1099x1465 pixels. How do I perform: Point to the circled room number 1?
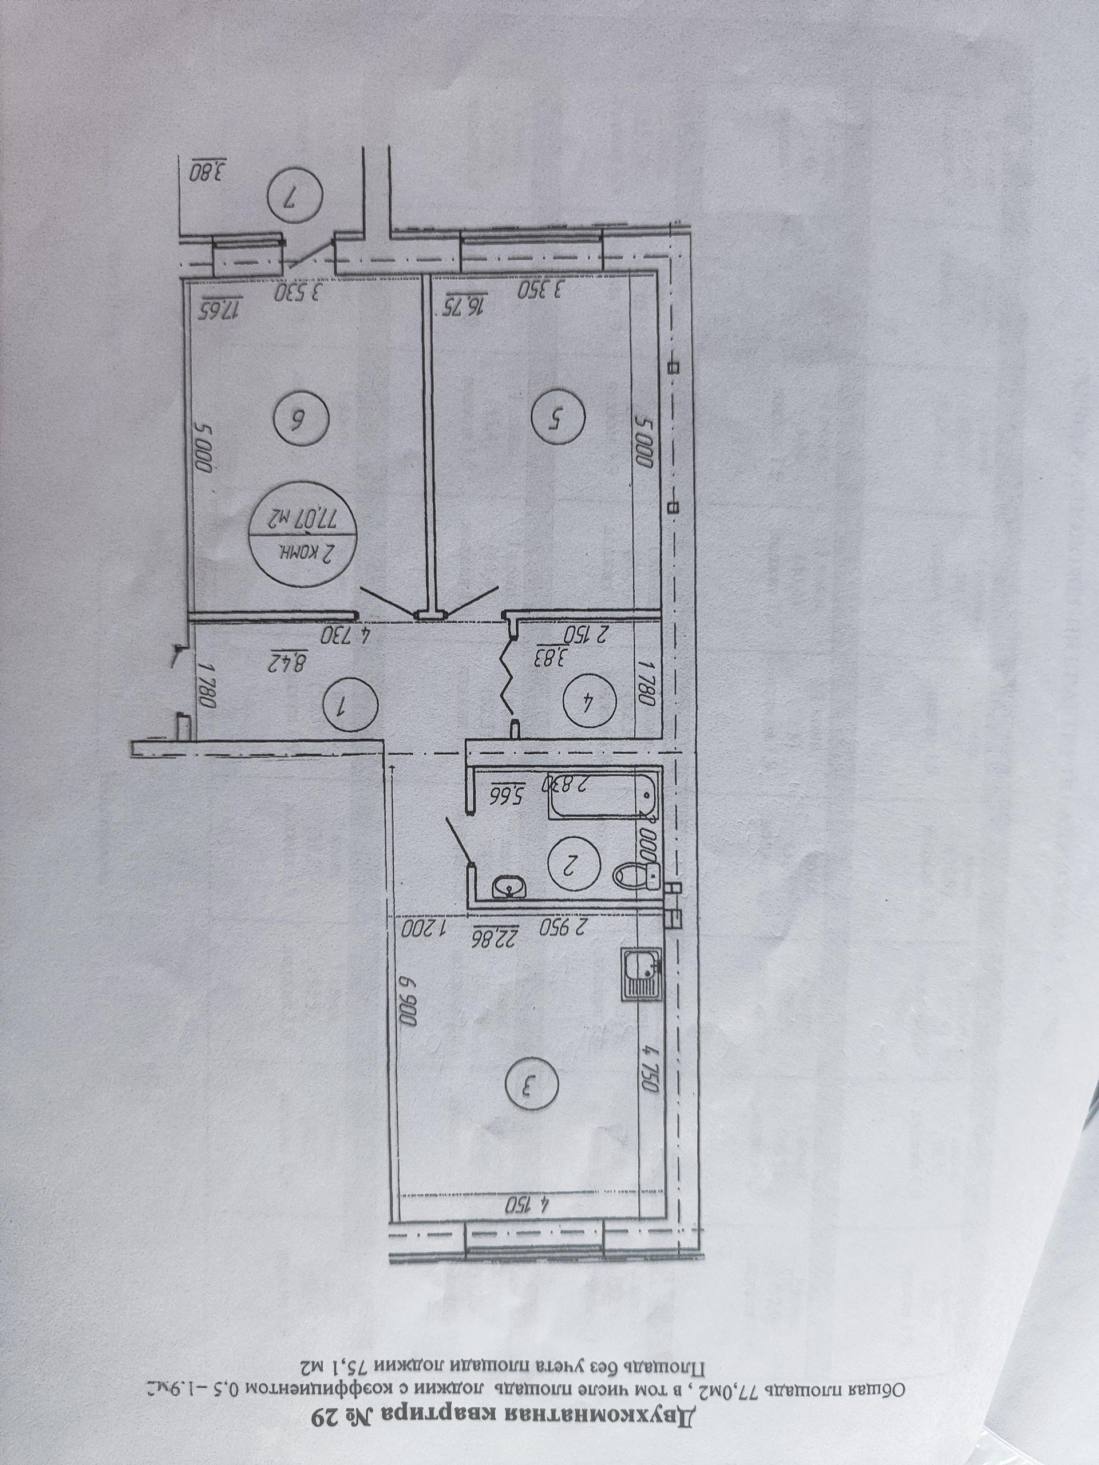pos(349,708)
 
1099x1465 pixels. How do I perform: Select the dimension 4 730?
pos(345,636)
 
